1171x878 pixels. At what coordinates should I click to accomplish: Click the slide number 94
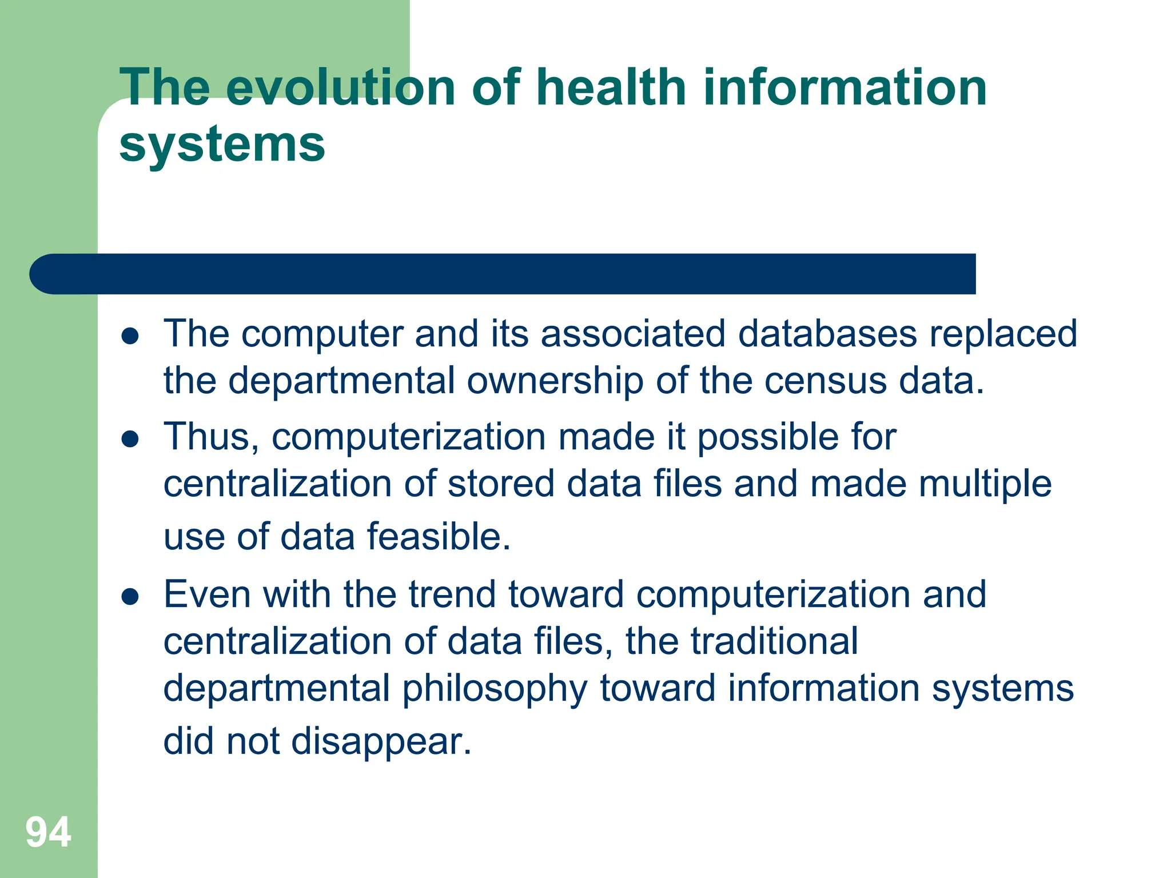[48, 832]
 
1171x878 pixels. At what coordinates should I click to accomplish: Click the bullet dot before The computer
[130, 337]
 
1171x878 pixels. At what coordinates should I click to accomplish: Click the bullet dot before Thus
[130, 439]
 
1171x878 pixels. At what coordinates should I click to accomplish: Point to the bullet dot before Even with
[130, 597]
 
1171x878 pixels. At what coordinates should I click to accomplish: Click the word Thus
[210, 437]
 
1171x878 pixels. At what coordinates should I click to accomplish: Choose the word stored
[500, 484]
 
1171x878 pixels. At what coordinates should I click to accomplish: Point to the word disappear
[381, 743]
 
